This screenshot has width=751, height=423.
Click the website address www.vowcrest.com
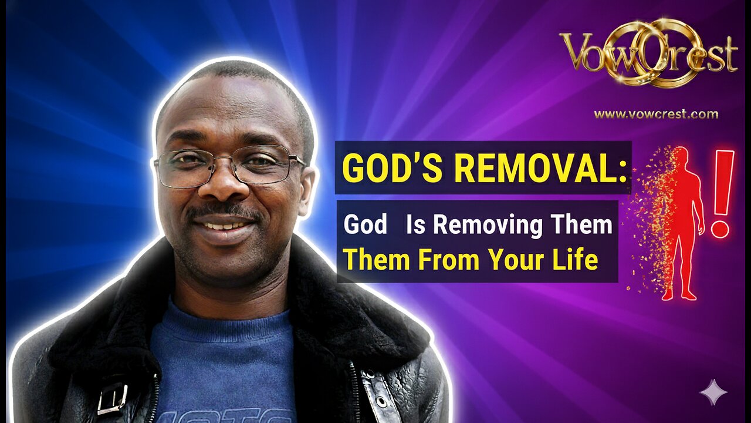[656, 115]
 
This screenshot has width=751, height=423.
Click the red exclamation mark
[722, 194]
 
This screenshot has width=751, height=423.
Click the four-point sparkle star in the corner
[713, 392]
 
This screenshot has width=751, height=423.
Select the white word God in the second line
[365, 226]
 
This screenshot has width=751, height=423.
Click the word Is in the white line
[416, 225]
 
